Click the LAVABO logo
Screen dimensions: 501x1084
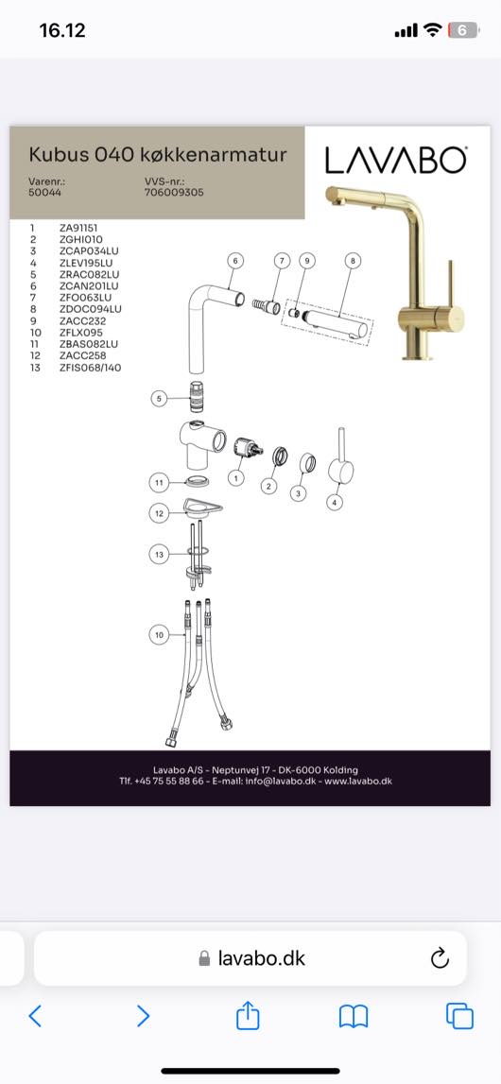tap(395, 161)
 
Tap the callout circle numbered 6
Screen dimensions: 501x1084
tap(235, 261)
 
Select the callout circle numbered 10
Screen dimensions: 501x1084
tap(161, 635)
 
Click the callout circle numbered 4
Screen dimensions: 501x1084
tap(335, 503)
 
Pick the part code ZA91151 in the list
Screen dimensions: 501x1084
tap(82, 227)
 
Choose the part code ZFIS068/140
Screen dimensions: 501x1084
tap(90, 368)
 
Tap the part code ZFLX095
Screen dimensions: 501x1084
tap(81, 333)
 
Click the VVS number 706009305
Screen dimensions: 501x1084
tap(173, 193)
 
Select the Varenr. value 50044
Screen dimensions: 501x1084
tap(44, 193)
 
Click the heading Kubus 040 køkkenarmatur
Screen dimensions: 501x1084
tap(158, 153)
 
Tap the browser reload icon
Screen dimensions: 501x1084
tap(440, 958)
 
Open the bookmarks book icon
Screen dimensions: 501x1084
tap(354, 1016)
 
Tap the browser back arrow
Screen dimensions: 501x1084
tap(35, 1016)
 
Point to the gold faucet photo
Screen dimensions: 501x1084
tap(394, 272)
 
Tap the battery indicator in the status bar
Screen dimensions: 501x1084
tap(464, 30)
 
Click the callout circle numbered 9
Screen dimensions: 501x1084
tap(307, 261)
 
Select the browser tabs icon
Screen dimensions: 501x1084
tap(459, 1016)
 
